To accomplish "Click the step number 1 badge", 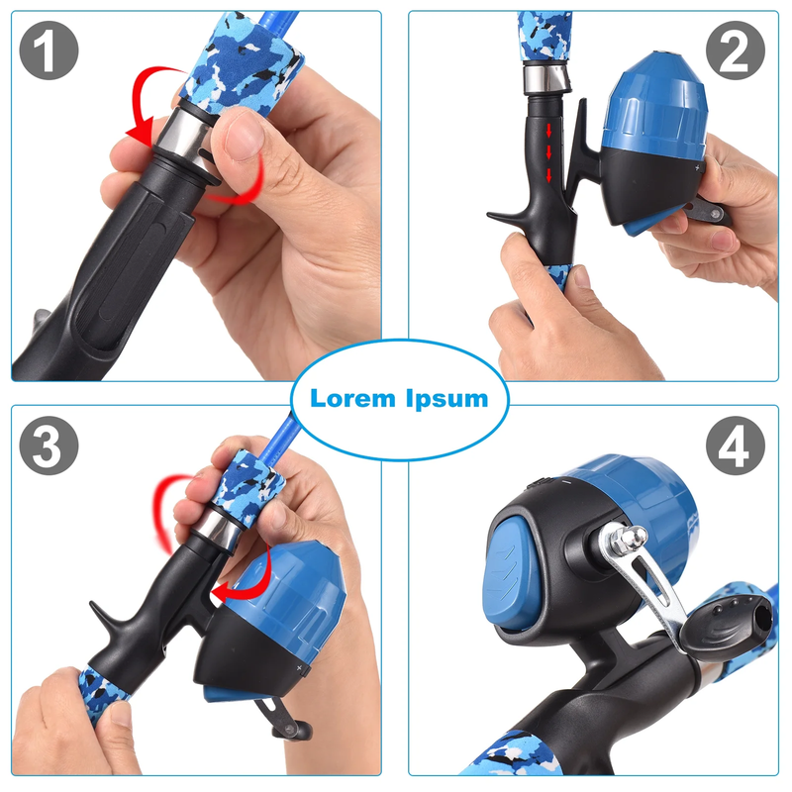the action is [x=49, y=50].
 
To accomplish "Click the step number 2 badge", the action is [x=736, y=50].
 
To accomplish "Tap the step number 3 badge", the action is [x=49, y=445].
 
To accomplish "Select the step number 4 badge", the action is [x=736, y=445].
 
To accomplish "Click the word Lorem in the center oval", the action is [x=352, y=399].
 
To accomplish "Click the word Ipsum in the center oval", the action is [x=447, y=400].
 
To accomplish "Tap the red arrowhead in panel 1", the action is [x=140, y=133].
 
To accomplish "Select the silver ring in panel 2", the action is [x=546, y=79].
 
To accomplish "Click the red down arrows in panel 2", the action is [x=548, y=153].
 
